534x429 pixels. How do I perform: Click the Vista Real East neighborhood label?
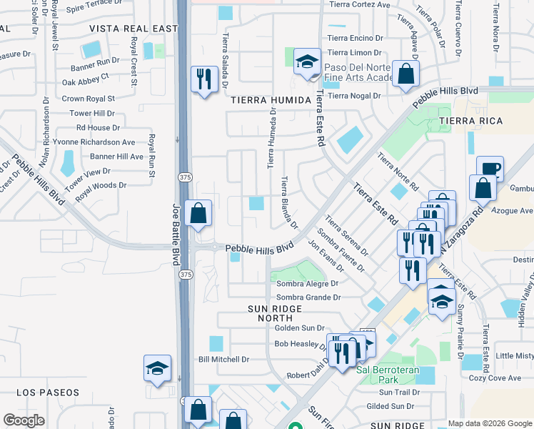pos(133,29)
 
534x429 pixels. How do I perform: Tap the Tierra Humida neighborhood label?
pos(271,100)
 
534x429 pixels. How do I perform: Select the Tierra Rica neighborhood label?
pos(467,122)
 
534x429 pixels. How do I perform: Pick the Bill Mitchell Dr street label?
pos(223,359)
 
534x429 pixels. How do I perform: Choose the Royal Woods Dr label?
pos(101,185)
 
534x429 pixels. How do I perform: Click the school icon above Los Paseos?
pos(157,368)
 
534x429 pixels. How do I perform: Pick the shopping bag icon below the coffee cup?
pos(483,188)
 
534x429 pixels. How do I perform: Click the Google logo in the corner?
pos(24,420)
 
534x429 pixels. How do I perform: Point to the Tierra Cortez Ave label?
pos(359,4)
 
